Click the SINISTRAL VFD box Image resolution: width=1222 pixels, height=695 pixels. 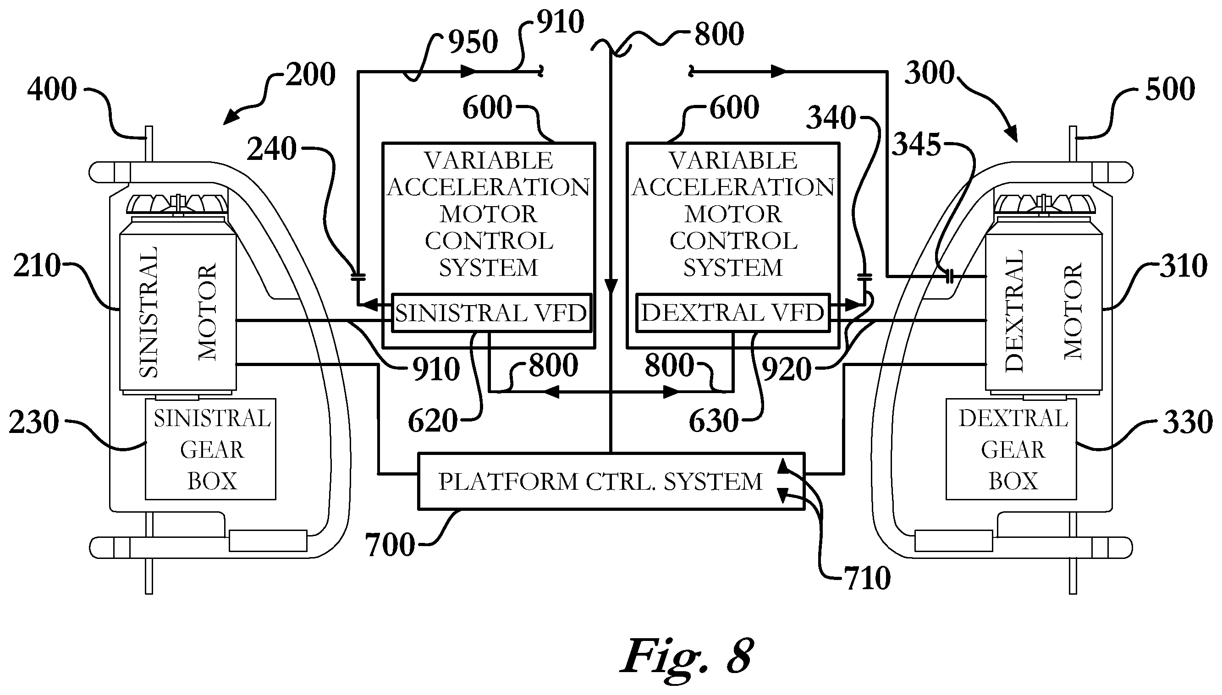coord(491,312)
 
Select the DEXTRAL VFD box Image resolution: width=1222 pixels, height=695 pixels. coord(733,312)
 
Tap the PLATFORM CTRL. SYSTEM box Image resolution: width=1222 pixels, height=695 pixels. coord(611,481)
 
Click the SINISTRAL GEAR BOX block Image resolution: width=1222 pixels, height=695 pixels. coord(210,449)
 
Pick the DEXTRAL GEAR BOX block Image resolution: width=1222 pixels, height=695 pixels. coord(1011,449)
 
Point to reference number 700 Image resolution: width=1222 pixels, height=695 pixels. coord(390,545)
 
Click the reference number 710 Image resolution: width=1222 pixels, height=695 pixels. coord(867,579)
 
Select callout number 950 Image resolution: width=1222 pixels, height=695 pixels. coord(473,42)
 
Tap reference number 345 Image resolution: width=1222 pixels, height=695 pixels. coord(917,144)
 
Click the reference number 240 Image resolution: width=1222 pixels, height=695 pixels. coord(272,149)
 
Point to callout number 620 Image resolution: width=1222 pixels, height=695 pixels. coord(433,421)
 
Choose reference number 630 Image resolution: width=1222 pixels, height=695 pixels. coord(713,421)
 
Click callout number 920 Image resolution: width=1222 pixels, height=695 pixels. coord(787,369)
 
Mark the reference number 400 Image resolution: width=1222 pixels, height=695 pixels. coord(52,89)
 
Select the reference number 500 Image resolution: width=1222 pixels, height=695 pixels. coord(1170,89)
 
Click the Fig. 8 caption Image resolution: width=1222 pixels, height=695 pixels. coord(687,656)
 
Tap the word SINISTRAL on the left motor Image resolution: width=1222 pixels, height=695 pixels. coord(149,312)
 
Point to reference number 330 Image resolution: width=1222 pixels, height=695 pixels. coord(1188,422)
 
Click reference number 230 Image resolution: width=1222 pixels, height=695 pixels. coord(34,422)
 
